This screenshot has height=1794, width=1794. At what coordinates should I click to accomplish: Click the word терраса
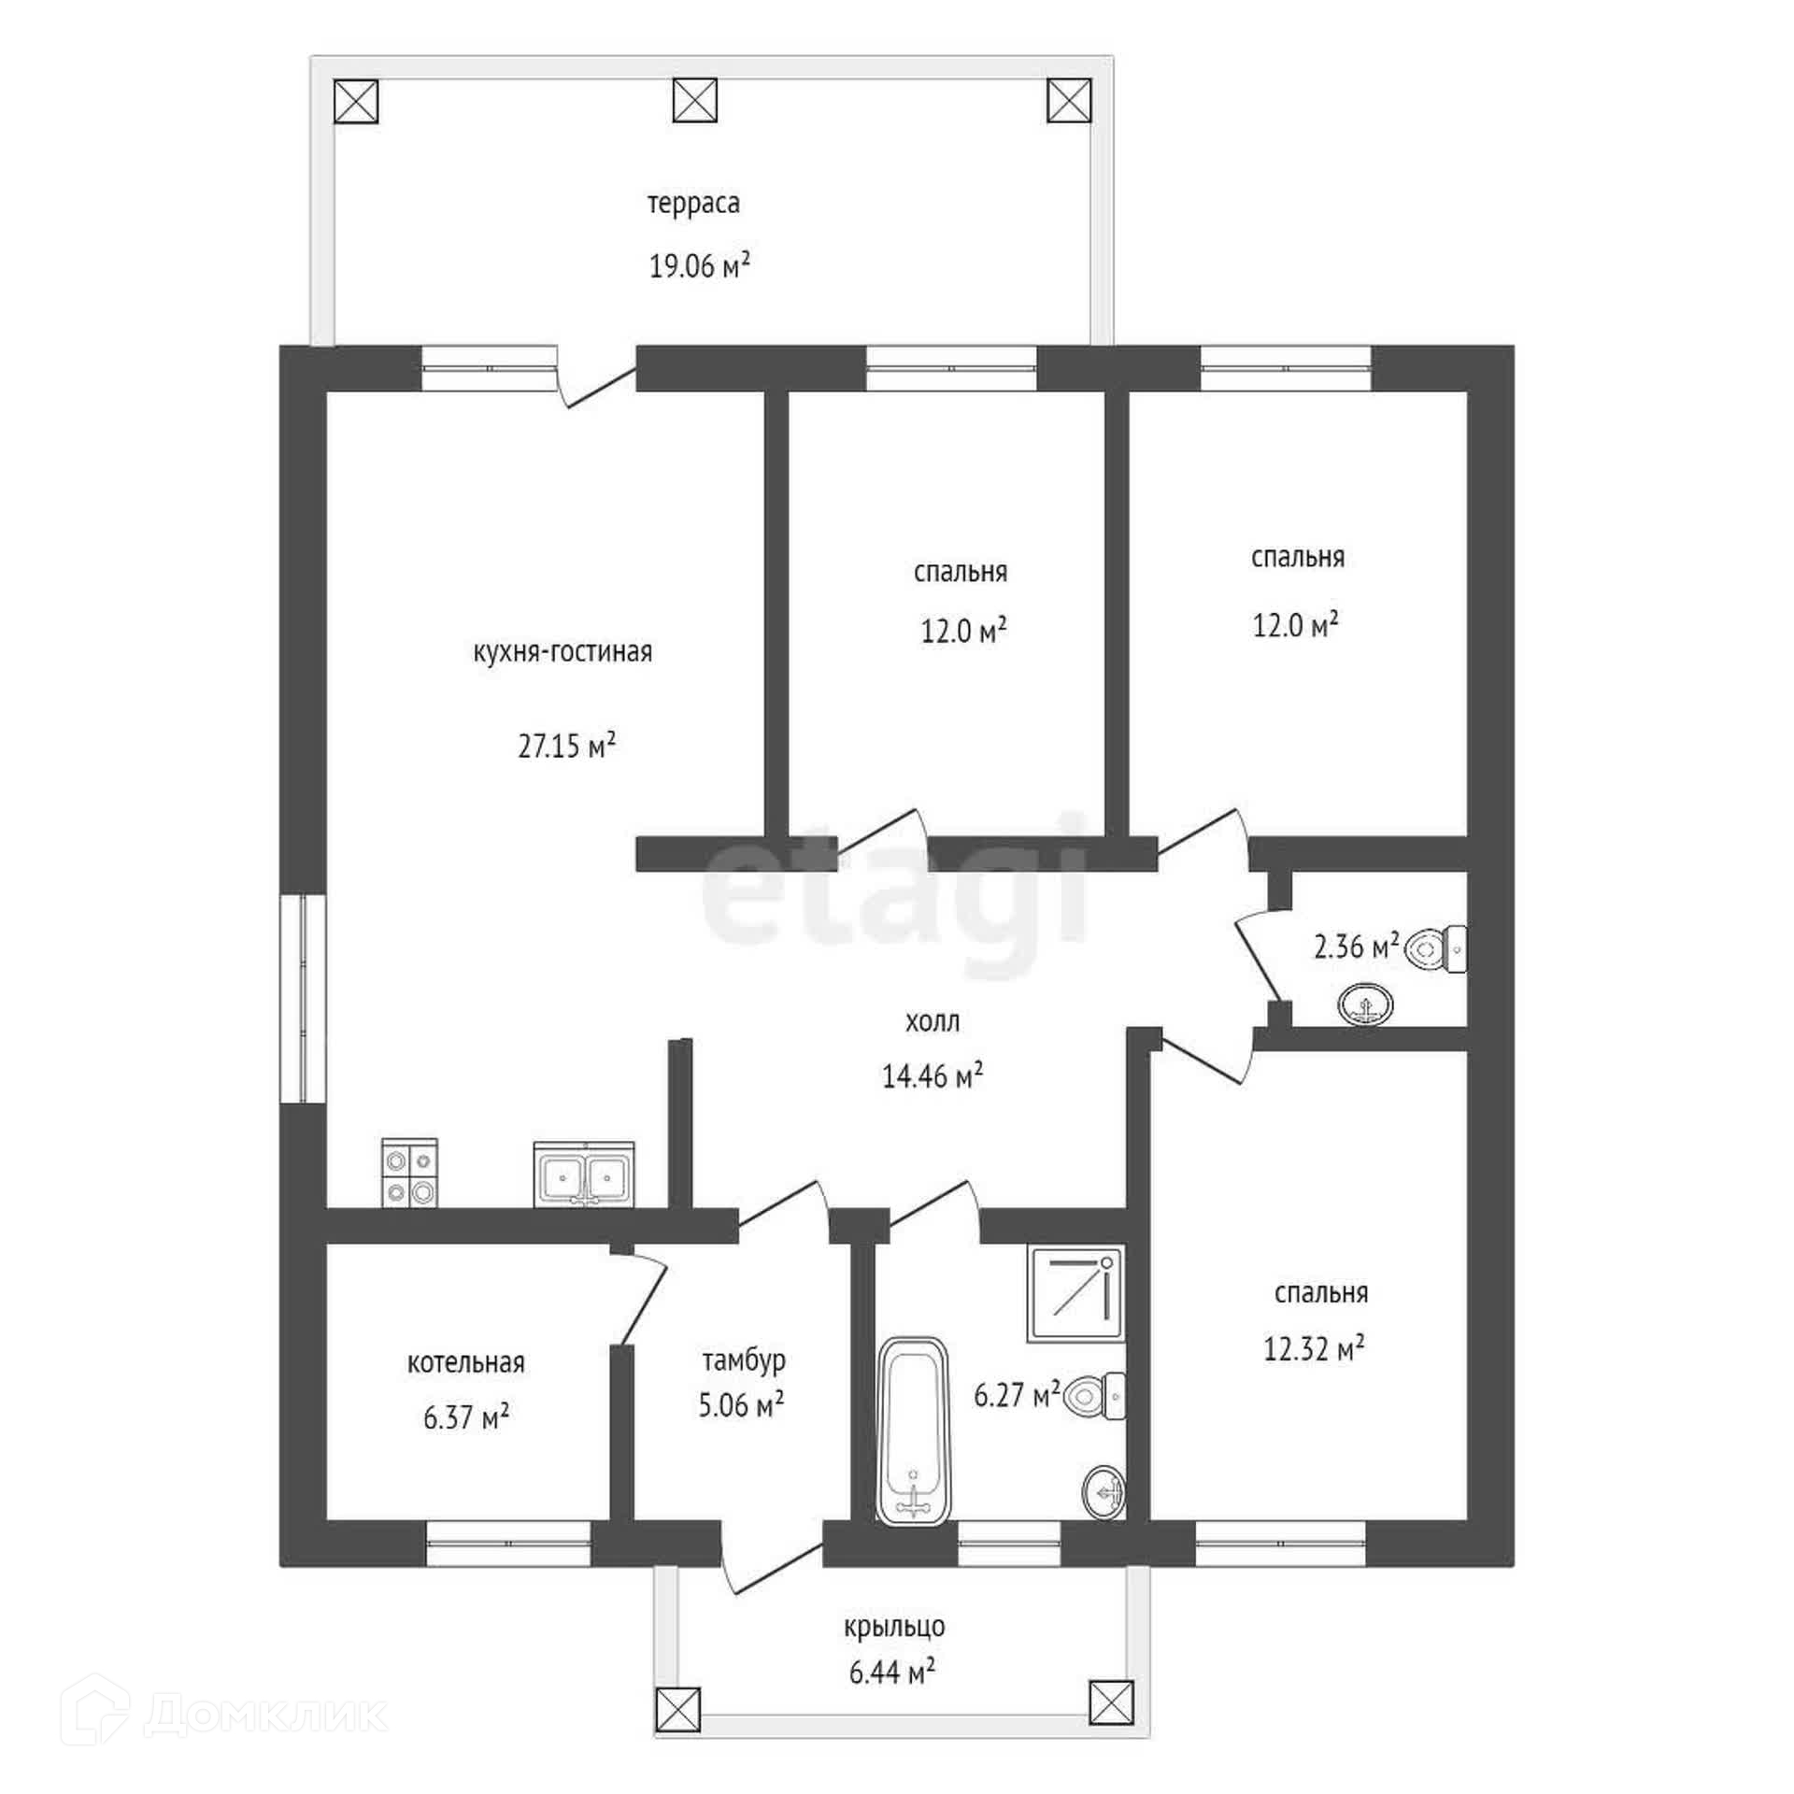pyautogui.click(x=693, y=204)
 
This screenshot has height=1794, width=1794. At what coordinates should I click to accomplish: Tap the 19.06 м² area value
pyautogui.click(x=700, y=266)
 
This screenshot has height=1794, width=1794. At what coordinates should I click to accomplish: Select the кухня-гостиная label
pyautogui.click(x=562, y=651)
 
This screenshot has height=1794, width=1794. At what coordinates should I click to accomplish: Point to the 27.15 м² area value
pyautogui.click(x=567, y=746)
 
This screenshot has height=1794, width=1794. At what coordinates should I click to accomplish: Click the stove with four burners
pyautogui.click(x=409, y=1172)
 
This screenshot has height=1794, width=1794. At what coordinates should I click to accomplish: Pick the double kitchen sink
pyautogui.click(x=584, y=1174)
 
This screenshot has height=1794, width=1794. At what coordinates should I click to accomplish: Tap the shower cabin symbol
pyautogui.click(x=1075, y=1293)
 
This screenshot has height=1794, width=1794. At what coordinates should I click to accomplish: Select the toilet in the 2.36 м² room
pyautogui.click(x=1436, y=949)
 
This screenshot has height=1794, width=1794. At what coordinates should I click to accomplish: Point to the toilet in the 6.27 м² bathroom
pyautogui.click(x=1094, y=1396)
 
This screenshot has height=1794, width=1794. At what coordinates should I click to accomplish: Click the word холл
pyautogui.click(x=932, y=1021)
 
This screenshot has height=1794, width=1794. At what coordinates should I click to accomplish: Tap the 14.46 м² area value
pyautogui.click(x=933, y=1076)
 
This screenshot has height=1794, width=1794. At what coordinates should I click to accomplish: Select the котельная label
pyautogui.click(x=465, y=1363)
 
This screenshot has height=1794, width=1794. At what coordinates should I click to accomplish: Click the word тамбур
pyautogui.click(x=744, y=1360)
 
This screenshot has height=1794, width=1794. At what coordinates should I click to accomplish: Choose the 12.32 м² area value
pyautogui.click(x=1314, y=1348)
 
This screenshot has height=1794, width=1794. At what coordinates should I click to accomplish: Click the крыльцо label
pyautogui.click(x=894, y=1627)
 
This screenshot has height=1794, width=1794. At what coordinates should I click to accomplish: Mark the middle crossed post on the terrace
pyautogui.click(x=694, y=100)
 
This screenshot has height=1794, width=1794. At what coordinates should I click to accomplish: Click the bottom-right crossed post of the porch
pyautogui.click(x=1111, y=1702)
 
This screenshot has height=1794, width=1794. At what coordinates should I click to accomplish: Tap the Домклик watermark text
pyautogui.click(x=266, y=1715)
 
